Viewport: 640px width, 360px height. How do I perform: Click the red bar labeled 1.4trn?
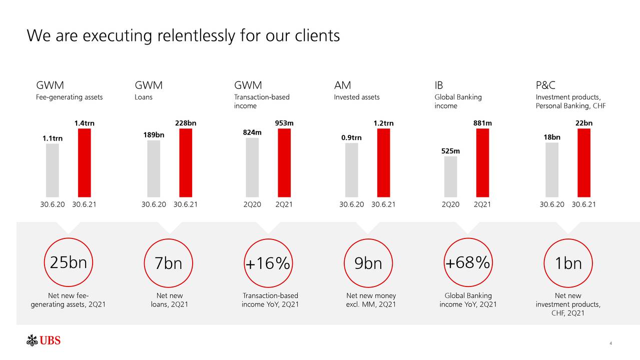[x=85, y=162]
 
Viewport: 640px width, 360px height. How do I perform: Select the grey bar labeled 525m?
[x=450, y=176]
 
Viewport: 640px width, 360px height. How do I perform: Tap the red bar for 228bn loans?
[x=186, y=162]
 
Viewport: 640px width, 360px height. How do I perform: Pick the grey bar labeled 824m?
[x=252, y=167]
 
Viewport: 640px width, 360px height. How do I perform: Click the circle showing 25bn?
[x=68, y=262]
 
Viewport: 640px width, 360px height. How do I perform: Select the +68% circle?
[x=467, y=262]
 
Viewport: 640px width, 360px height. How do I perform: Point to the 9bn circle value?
[x=368, y=263]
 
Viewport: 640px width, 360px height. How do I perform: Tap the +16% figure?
[x=268, y=263]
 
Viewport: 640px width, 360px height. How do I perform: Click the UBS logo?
[x=44, y=341]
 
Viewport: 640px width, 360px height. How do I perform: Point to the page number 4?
[x=611, y=343]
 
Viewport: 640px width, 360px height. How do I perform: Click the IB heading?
[x=439, y=85]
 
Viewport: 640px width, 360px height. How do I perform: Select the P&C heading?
[x=545, y=85]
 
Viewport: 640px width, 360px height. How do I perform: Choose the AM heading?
[x=342, y=85]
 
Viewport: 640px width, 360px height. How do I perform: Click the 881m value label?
[x=482, y=123]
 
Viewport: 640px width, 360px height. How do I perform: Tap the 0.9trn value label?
[x=352, y=138]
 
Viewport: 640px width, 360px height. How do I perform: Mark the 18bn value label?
[x=552, y=137]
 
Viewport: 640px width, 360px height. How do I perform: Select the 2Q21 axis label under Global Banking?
[x=482, y=204]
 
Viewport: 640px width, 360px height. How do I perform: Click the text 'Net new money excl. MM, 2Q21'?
[x=371, y=300]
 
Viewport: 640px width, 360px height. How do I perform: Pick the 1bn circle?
[x=568, y=263]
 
